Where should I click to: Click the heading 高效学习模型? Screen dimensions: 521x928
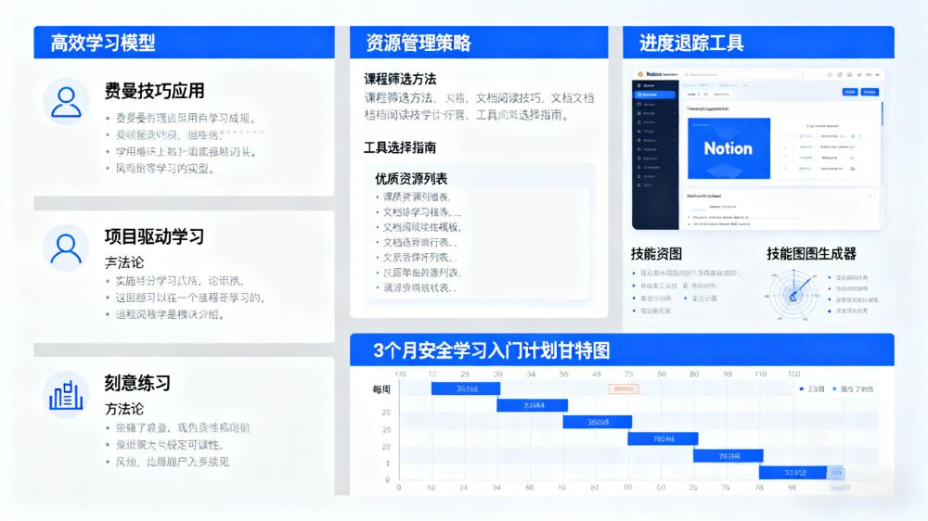tap(103, 43)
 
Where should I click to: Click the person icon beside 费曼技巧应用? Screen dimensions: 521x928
tap(66, 101)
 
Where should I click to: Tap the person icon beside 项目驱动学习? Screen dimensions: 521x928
tap(66, 248)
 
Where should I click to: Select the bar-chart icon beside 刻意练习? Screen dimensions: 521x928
tap(66, 394)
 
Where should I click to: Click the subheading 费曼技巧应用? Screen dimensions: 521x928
tap(154, 91)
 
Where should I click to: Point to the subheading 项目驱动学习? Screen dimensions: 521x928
tap(154, 236)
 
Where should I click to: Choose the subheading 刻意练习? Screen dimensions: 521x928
tap(137, 383)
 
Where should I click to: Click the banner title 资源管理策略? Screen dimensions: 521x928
tap(419, 43)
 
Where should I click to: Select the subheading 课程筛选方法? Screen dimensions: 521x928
tap(400, 79)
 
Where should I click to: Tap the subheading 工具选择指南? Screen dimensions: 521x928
tap(400, 147)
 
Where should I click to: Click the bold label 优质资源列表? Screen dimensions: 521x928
tap(411, 178)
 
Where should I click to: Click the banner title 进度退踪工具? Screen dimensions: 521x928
tap(691, 43)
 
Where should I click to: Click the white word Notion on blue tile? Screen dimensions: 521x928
tap(728, 148)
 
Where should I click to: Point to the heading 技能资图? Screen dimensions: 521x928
tap(656, 254)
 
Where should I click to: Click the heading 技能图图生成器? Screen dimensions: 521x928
tap(811, 254)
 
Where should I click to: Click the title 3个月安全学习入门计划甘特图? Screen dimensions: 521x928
tap(491, 350)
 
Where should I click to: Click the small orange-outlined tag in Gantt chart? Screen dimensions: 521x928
tap(624, 388)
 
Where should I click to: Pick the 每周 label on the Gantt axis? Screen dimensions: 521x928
tap(380, 390)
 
